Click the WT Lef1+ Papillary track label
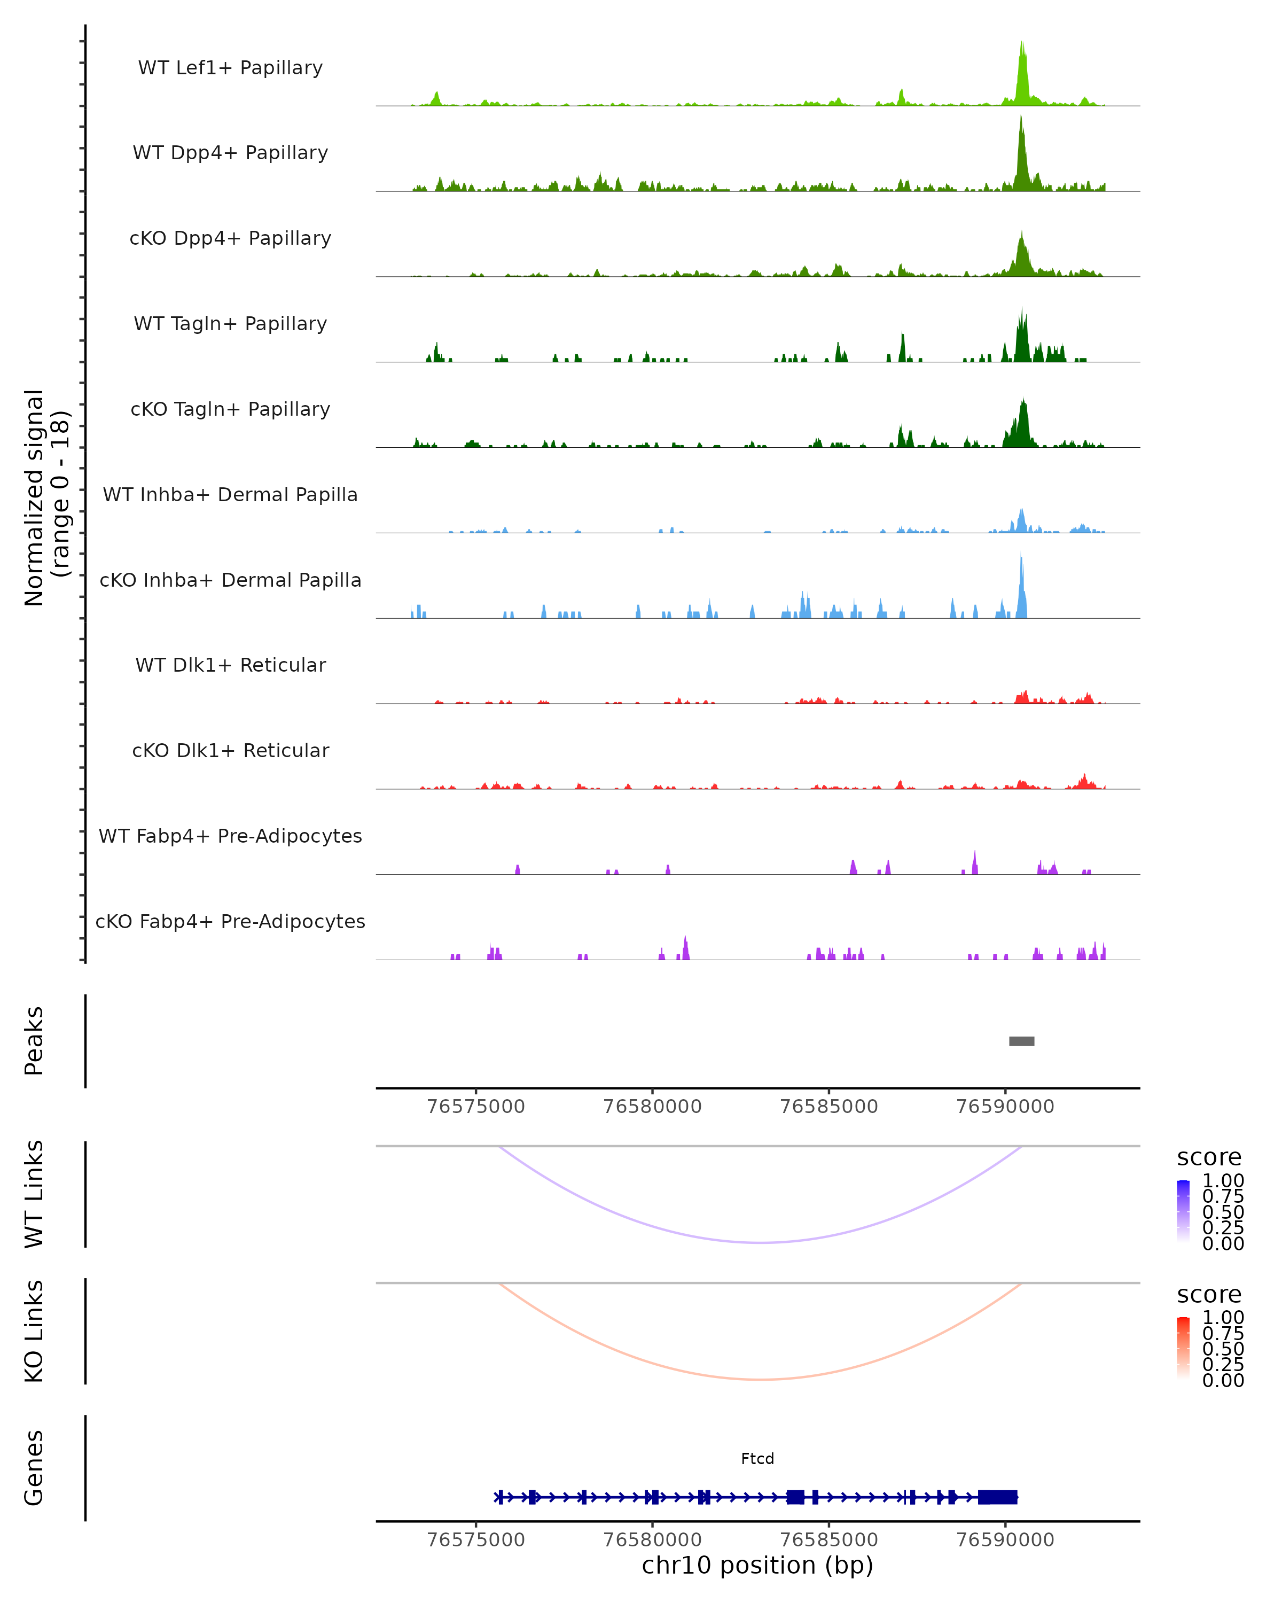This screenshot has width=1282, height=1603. (230, 68)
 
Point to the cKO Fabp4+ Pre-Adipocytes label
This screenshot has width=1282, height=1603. (230, 921)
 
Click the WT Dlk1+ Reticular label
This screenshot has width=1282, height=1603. (230, 665)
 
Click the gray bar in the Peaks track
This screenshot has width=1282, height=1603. (1021, 1041)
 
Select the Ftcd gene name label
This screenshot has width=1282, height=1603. (757, 1459)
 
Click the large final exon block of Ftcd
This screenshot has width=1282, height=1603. (997, 1497)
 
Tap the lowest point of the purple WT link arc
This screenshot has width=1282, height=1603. (760, 1242)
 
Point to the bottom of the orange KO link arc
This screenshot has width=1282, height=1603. (760, 1379)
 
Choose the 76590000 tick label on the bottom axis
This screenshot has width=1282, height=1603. (1005, 1540)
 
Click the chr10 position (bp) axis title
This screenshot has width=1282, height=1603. (757, 1565)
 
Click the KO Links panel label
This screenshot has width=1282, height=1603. (34, 1331)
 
